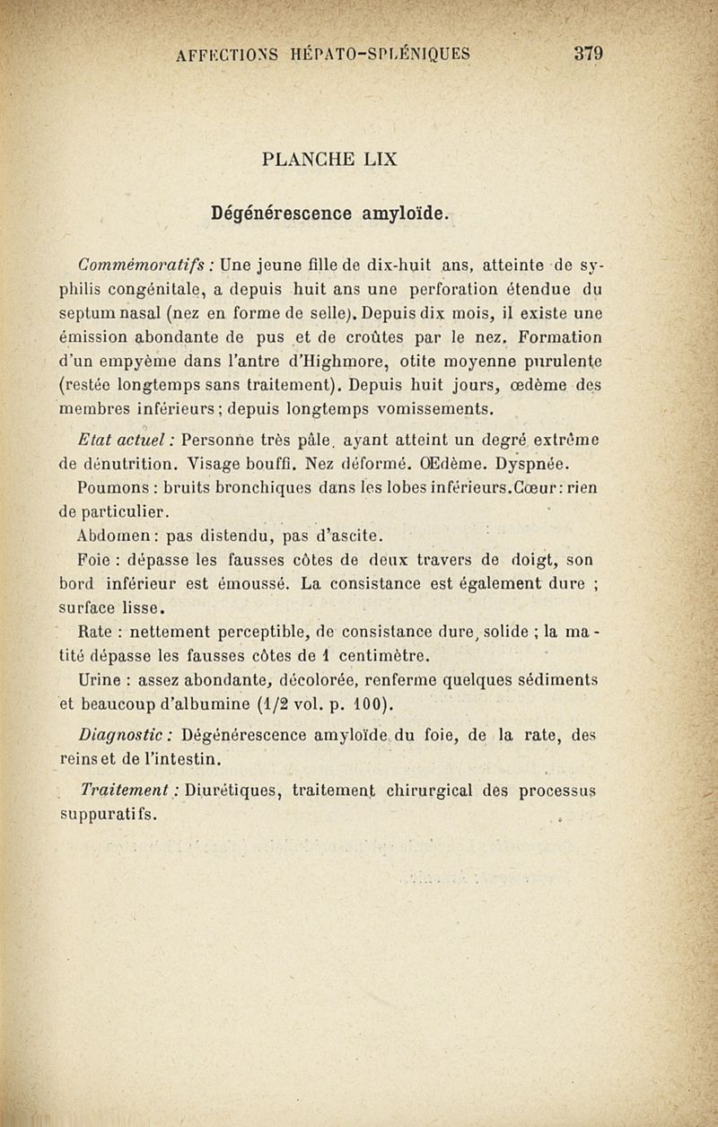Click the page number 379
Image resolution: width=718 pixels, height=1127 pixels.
tap(588, 53)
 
